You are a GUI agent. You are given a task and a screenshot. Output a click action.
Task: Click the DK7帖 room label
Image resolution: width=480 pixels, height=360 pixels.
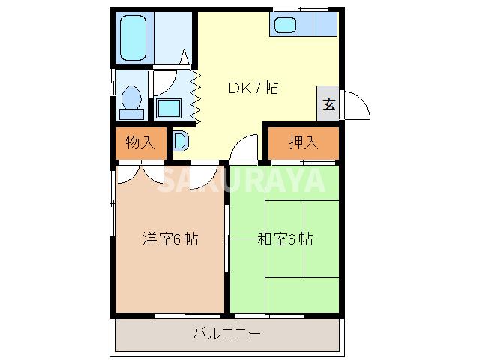click(253, 88)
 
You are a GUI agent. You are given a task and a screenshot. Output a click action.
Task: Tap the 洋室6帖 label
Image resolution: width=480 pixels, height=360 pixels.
click(170, 240)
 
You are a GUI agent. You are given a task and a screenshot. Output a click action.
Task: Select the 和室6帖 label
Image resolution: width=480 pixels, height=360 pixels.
click(285, 240)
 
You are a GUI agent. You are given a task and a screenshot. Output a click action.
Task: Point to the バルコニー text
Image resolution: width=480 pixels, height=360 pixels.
click(226, 335)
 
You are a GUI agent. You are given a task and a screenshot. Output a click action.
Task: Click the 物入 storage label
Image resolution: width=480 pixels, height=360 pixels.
click(139, 142)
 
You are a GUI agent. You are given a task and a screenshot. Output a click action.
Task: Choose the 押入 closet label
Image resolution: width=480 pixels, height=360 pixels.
click(303, 142)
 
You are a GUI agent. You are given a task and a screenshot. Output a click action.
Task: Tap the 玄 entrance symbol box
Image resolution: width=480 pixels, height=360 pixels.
click(328, 104)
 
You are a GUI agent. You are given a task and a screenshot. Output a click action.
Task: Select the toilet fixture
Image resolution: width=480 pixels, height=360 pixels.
click(133, 100)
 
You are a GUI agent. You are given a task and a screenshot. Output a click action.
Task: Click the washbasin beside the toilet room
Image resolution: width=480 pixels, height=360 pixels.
click(169, 108)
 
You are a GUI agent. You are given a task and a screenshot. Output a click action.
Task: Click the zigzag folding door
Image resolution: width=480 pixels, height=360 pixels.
click(196, 97)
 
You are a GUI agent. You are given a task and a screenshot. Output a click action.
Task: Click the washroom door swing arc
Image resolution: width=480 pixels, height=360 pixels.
click(166, 82)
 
